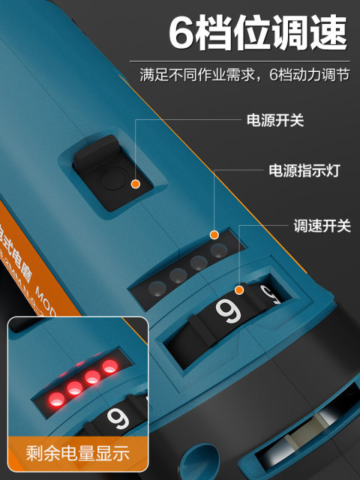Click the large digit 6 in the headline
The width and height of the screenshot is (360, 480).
(x=184, y=34)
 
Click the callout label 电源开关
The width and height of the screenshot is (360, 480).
(x=275, y=120)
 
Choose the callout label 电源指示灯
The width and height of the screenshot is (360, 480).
(x=305, y=171)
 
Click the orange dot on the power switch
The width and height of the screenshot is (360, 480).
(x=135, y=183)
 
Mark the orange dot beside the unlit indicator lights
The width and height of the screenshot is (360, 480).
(x=214, y=235)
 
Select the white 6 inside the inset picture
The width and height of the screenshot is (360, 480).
(x=118, y=418)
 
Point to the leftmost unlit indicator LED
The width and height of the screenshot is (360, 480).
(x=157, y=287)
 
